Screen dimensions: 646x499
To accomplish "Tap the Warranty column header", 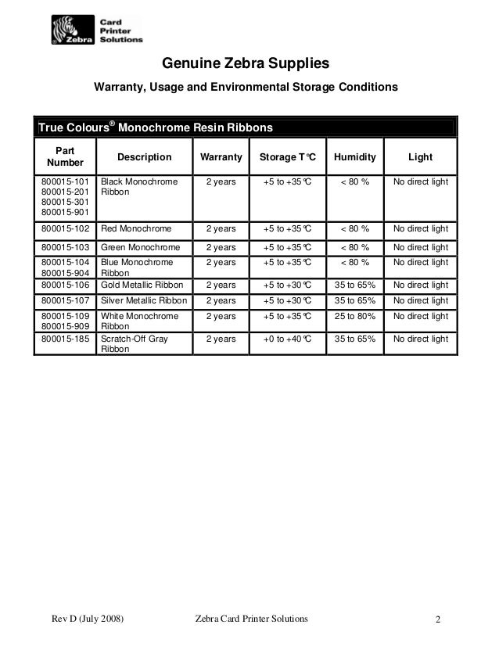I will [221, 157].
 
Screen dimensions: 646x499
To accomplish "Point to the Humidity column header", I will [354, 157].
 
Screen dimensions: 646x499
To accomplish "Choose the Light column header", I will [420, 157].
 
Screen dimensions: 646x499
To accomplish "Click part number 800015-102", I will [66, 229].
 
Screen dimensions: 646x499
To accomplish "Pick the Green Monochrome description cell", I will [138, 247].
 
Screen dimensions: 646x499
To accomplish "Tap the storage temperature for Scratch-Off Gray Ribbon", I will [287, 339].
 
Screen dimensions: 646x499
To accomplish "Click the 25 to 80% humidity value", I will [354, 317].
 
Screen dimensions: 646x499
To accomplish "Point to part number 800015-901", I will [66, 212].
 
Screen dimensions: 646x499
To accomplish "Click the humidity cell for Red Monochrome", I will [354, 229].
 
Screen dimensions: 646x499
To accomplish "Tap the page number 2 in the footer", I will [439, 621].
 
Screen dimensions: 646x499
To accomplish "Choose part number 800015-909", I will [66, 328].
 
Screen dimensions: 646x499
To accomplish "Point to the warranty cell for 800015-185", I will [221, 339].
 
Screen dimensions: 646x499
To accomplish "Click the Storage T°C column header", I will [287, 157].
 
